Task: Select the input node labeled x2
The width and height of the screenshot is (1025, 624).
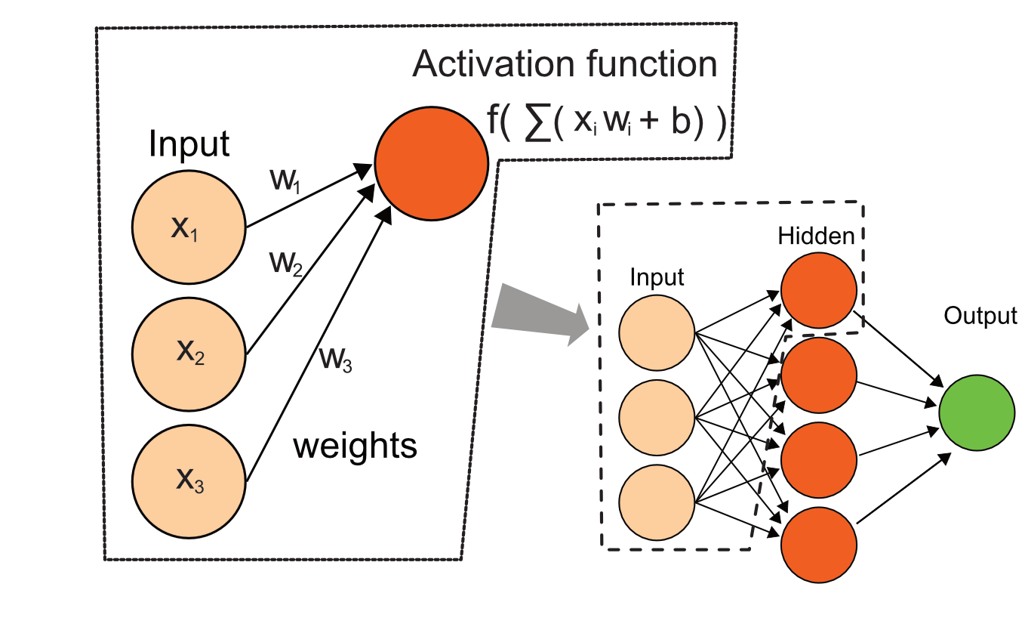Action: [x=189, y=353]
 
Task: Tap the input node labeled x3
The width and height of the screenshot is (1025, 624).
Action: [x=189, y=480]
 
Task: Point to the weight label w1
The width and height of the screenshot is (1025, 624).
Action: [x=285, y=182]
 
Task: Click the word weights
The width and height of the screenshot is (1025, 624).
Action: [x=355, y=446]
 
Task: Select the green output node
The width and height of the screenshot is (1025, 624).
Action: [x=977, y=414]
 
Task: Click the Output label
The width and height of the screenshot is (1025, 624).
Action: [x=980, y=315]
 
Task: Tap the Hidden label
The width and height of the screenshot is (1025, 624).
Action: [x=816, y=236]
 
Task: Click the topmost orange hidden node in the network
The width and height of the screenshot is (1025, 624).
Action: [x=819, y=290]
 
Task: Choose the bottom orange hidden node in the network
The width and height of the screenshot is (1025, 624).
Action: [x=819, y=544]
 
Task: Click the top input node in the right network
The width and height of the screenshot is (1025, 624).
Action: [x=657, y=333]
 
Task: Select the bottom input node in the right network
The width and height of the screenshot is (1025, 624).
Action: [x=657, y=503]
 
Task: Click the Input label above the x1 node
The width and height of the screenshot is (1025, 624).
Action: [x=189, y=144]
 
